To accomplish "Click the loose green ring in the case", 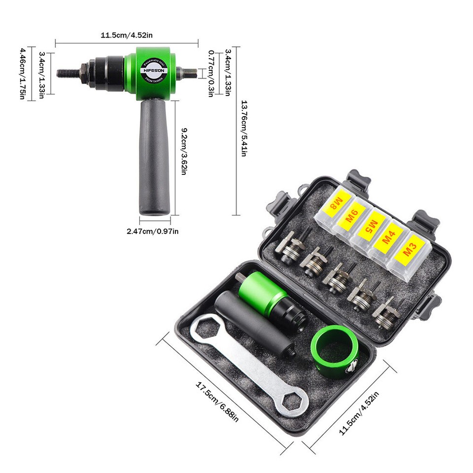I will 334,352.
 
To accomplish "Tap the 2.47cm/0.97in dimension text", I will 152,231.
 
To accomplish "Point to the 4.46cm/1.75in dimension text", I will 22,73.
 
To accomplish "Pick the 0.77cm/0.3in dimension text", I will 210,73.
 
